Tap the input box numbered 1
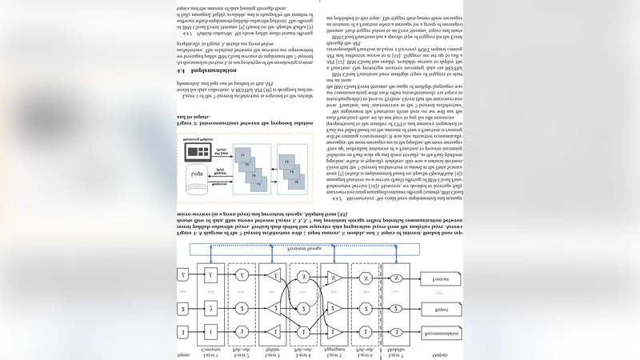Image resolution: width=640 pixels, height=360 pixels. coord(182,332)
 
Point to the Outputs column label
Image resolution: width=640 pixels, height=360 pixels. coord(439,354)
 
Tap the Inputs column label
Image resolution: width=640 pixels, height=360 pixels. coord(182,354)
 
